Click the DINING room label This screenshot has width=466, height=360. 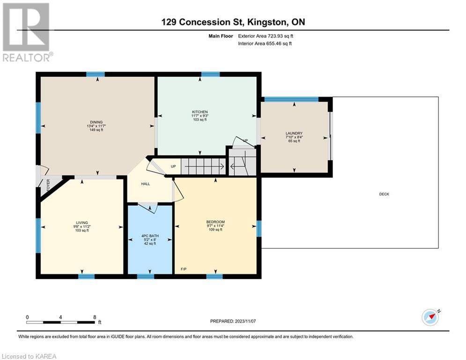click(96, 122)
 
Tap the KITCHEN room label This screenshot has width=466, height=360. click(200, 112)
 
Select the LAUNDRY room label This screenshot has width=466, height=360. click(294, 133)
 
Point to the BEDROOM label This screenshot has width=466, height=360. click(215, 222)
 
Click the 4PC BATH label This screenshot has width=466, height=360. click(150, 236)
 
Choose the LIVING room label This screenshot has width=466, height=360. click(82, 223)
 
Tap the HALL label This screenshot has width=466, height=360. click(146, 184)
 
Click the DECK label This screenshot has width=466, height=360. click(384, 194)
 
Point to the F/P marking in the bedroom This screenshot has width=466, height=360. click(184, 269)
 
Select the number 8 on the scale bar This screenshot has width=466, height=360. click(95, 317)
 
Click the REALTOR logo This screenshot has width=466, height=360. click(27, 32)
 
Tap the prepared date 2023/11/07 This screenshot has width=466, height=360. click(245, 321)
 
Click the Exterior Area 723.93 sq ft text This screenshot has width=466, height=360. click(266, 36)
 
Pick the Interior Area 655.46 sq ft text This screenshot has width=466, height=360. click(265, 44)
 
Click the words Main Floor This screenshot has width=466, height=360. click(221, 36)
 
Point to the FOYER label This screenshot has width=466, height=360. click(48, 185)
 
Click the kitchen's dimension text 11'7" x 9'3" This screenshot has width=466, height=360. click(200, 116)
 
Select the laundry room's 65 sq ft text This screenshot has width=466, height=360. click(294, 141)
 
